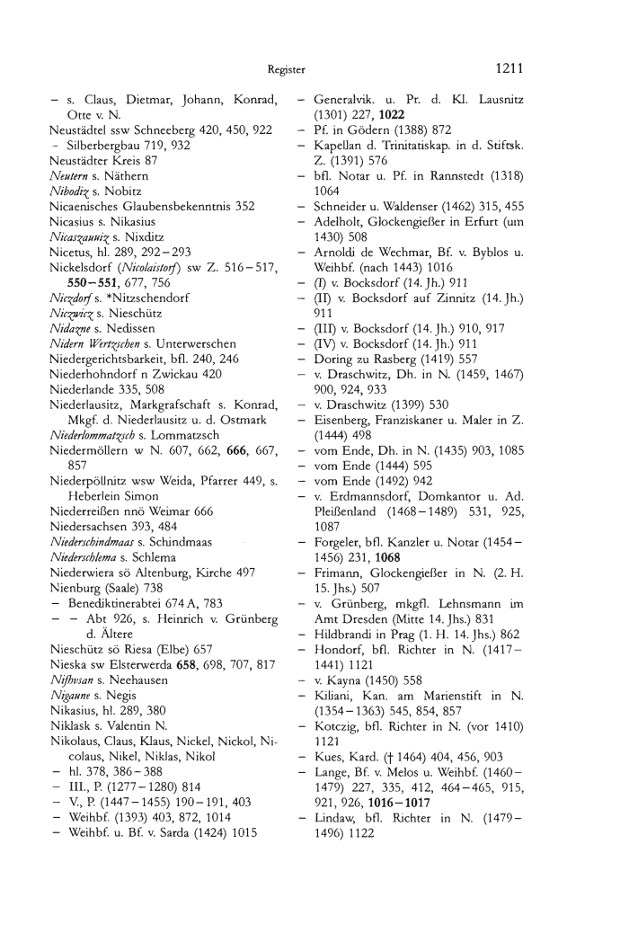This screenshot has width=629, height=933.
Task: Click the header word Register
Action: pyautogui.click(x=288, y=68)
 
